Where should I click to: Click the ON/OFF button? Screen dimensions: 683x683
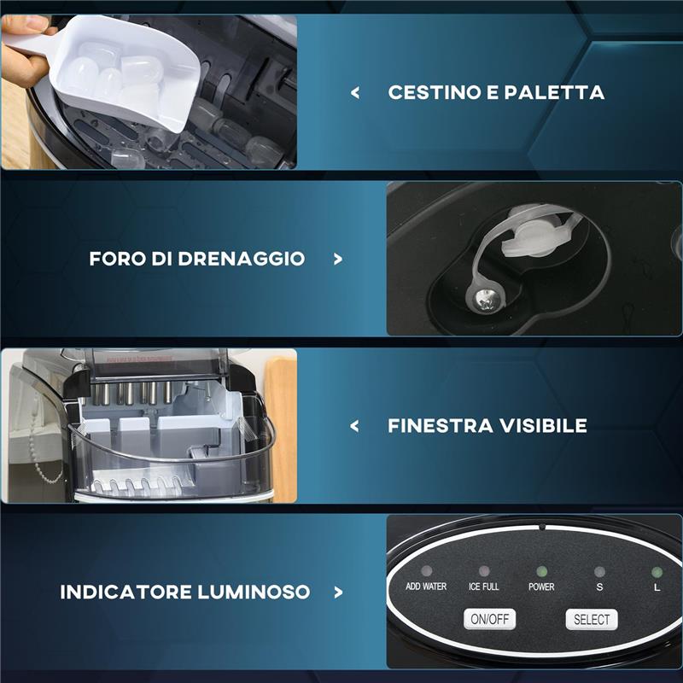tap(489, 619)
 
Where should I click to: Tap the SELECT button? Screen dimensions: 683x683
tap(592, 620)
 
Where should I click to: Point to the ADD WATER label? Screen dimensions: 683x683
tap(426, 587)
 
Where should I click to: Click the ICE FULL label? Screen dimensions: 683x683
tap(483, 587)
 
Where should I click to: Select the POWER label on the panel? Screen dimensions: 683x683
tap(541, 587)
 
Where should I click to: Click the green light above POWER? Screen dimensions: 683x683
tap(542, 571)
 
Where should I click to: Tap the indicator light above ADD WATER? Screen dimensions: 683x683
tap(426, 570)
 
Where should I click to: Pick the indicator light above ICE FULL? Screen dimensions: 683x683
tap(484, 570)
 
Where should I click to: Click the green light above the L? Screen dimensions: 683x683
tap(657, 572)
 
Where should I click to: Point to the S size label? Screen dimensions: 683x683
tap(599, 587)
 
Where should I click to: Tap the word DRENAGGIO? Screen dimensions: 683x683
tap(241, 259)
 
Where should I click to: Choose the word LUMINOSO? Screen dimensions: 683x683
tap(254, 592)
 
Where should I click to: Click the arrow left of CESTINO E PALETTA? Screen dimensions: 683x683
tap(355, 92)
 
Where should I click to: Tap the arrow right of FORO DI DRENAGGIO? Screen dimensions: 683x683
tap(337, 260)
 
